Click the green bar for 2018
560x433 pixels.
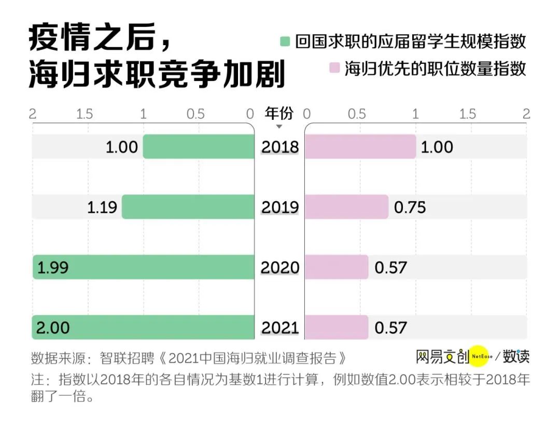click(199, 147)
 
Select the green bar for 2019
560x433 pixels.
click(188, 207)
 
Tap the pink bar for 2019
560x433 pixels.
click(346, 207)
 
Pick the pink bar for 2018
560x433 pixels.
click(360, 147)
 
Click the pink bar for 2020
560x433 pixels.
click(337, 267)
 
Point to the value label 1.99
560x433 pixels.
click(53, 268)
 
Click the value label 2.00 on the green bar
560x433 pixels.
click(53, 328)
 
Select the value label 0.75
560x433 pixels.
click(410, 207)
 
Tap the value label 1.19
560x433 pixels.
click(103, 207)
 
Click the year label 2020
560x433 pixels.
click(280, 268)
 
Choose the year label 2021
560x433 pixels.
click(280, 328)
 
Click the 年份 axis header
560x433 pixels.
click(279, 113)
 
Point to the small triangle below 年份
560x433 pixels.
click(279, 127)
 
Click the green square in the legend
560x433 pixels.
click(285, 41)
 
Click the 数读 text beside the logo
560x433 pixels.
click(516, 356)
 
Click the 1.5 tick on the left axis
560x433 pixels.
click(85, 114)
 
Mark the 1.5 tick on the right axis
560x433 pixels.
click(467, 114)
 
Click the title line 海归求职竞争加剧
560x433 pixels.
click(157, 75)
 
